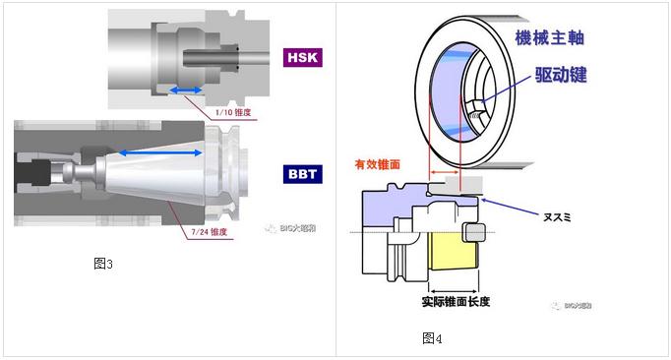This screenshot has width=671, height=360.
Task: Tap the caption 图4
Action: tap(432, 337)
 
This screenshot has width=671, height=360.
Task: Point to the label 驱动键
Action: tap(562, 75)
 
